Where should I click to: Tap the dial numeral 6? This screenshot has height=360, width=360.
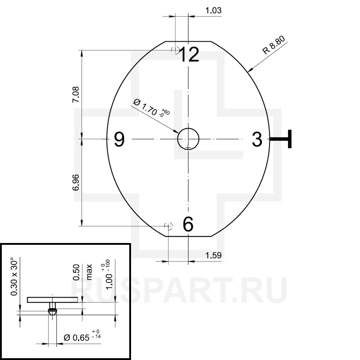(188, 224)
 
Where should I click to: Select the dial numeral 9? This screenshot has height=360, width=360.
(120, 139)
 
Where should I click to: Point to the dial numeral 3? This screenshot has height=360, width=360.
(257, 139)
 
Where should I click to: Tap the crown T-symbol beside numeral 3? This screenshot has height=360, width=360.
(280, 139)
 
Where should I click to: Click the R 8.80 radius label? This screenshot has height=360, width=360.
(274, 45)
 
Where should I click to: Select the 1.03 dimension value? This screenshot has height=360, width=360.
(213, 10)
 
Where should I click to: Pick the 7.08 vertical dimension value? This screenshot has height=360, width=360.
(76, 94)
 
